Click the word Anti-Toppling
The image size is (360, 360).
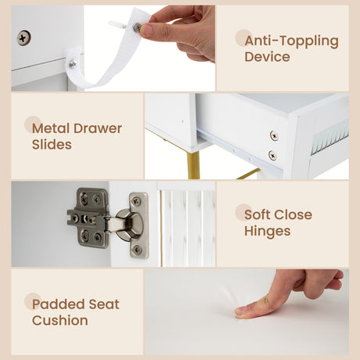click(x=291, y=41)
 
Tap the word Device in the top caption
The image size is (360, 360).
click(x=267, y=57)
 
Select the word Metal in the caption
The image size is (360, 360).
click(x=51, y=128)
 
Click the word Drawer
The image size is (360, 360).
click(x=98, y=128)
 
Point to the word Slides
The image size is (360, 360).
click(x=52, y=145)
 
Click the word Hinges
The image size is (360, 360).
click(x=268, y=232)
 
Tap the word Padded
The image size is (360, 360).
click(x=58, y=304)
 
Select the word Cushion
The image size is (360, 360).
click(x=59, y=320)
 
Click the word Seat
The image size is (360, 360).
click(x=104, y=304)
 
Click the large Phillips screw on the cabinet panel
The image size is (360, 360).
click(x=23, y=38)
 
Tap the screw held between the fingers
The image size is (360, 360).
click(x=137, y=27)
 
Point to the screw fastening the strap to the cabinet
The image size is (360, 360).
click(x=73, y=63)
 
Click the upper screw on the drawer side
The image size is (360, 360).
click(x=274, y=135)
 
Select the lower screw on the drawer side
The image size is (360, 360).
click(x=272, y=156)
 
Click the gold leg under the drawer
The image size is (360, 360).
click(x=193, y=165)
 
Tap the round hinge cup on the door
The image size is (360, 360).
click(x=129, y=225)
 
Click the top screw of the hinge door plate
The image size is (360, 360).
click(x=136, y=200)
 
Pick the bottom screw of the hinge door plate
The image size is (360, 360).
click(x=136, y=249)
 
